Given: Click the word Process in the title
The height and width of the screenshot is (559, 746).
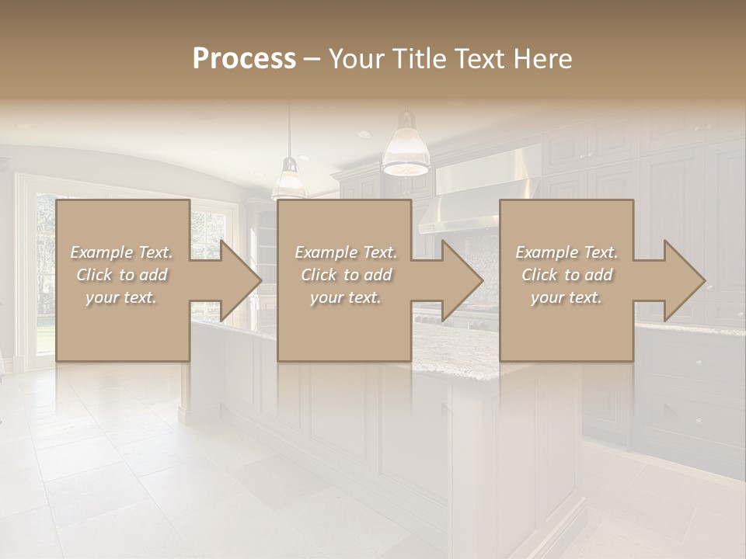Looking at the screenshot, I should click(244, 59).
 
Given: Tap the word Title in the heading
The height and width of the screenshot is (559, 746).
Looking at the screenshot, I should click(420, 59).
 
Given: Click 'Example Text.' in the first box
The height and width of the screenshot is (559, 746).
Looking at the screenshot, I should click(121, 252).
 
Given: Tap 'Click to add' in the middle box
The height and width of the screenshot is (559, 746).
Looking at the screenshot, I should click(346, 275).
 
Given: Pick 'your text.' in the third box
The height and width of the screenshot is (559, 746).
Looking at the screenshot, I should click(566, 297).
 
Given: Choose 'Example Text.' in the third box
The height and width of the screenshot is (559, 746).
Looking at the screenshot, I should click(566, 252).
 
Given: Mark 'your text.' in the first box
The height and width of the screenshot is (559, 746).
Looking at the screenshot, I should click(121, 297).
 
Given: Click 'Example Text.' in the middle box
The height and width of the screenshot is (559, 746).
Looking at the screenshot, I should click(346, 252).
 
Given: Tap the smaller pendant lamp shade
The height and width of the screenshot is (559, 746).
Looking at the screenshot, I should click(290, 183).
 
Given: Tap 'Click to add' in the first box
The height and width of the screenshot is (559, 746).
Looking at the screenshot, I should click(121, 275).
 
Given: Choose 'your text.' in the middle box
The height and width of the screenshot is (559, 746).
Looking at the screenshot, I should click(346, 297).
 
